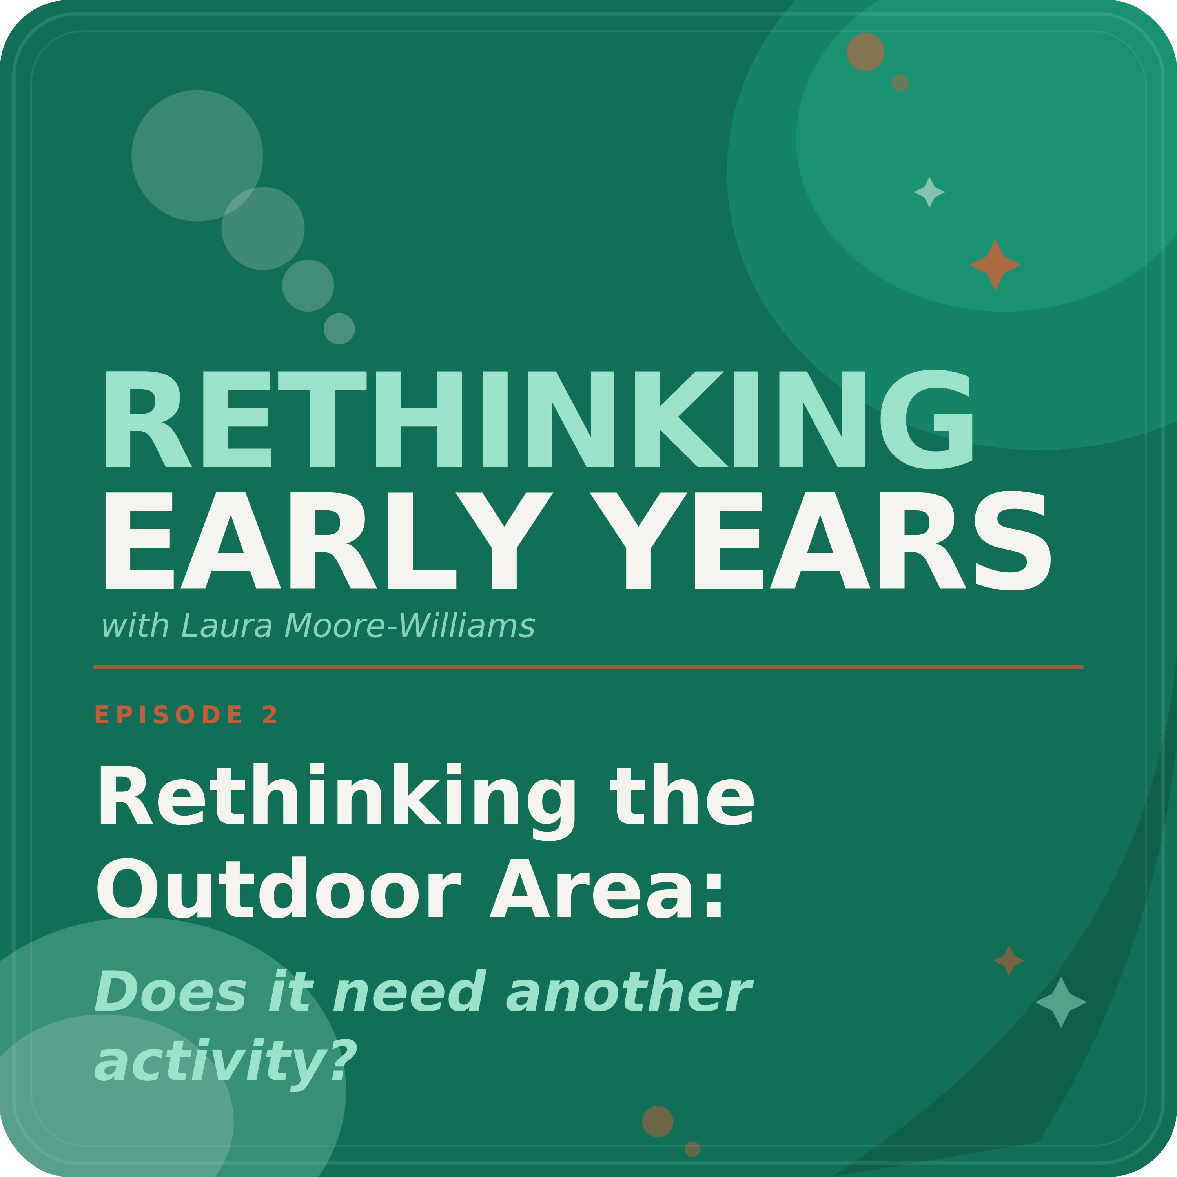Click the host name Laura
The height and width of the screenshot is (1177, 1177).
click(x=227, y=626)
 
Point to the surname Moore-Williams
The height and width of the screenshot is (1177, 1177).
click(x=409, y=626)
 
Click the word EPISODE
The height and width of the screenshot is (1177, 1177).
click(x=169, y=714)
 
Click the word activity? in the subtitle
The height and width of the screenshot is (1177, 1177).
click(x=226, y=1064)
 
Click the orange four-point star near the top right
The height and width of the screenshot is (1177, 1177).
click(x=995, y=264)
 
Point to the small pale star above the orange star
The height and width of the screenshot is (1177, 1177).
click(x=929, y=192)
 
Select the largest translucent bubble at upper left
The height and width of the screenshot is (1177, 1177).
click(x=197, y=155)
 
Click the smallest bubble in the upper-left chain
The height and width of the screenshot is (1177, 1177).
click(x=339, y=329)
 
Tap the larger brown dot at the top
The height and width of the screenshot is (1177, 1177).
click(x=865, y=52)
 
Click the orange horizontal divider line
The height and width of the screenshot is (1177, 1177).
click(x=588, y=667)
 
